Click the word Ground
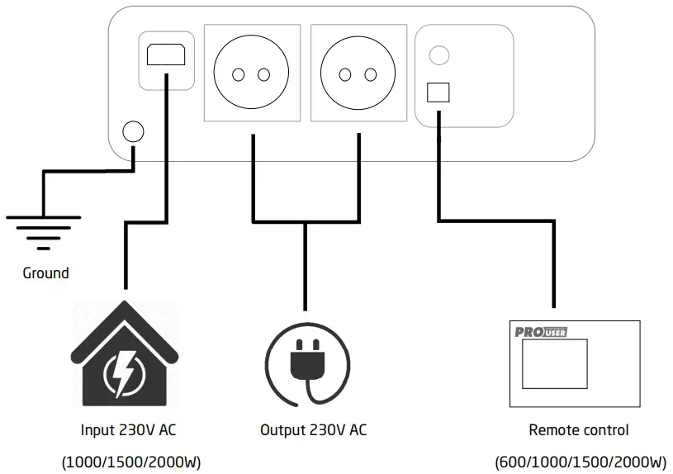[45, 273]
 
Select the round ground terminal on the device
[133, 131]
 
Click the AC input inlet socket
[166, 55]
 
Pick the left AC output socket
[251, 74]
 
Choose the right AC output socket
[358, 74]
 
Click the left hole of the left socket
[239, 75]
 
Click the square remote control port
[438, 92]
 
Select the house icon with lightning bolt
[125, 354]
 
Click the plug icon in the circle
[306, 363]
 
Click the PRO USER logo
[541, 332]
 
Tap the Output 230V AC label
[313, 430]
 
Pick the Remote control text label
[578, 430]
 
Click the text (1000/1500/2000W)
[131, 462]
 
